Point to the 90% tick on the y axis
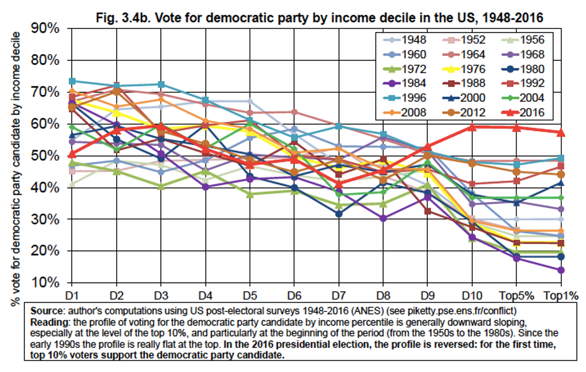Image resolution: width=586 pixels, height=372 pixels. point(45,29)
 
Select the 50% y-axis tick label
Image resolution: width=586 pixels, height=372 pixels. point(45,156)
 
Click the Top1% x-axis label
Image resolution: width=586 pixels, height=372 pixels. point(560,295)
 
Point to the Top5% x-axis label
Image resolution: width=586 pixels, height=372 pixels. point(516,295)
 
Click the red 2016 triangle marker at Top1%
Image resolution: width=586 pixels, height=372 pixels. point(561,132)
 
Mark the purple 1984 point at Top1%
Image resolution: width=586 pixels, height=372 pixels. point(561,270)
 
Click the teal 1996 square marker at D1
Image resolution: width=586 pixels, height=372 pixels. point(71,81)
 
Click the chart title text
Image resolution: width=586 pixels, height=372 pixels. point(320,19)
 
